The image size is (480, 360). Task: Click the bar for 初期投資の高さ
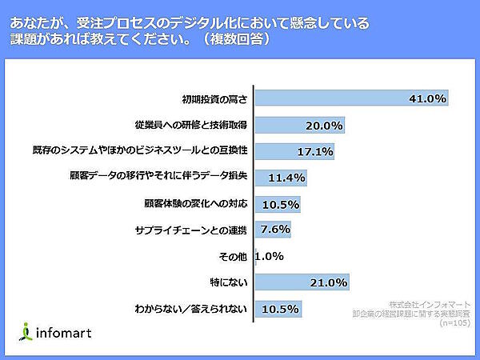350,99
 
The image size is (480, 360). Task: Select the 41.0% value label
426,99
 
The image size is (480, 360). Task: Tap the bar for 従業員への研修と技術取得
301,126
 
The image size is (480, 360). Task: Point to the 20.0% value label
324,126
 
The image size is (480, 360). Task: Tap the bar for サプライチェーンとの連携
272,230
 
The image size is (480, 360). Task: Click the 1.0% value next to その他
270,257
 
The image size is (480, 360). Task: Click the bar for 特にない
302,282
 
